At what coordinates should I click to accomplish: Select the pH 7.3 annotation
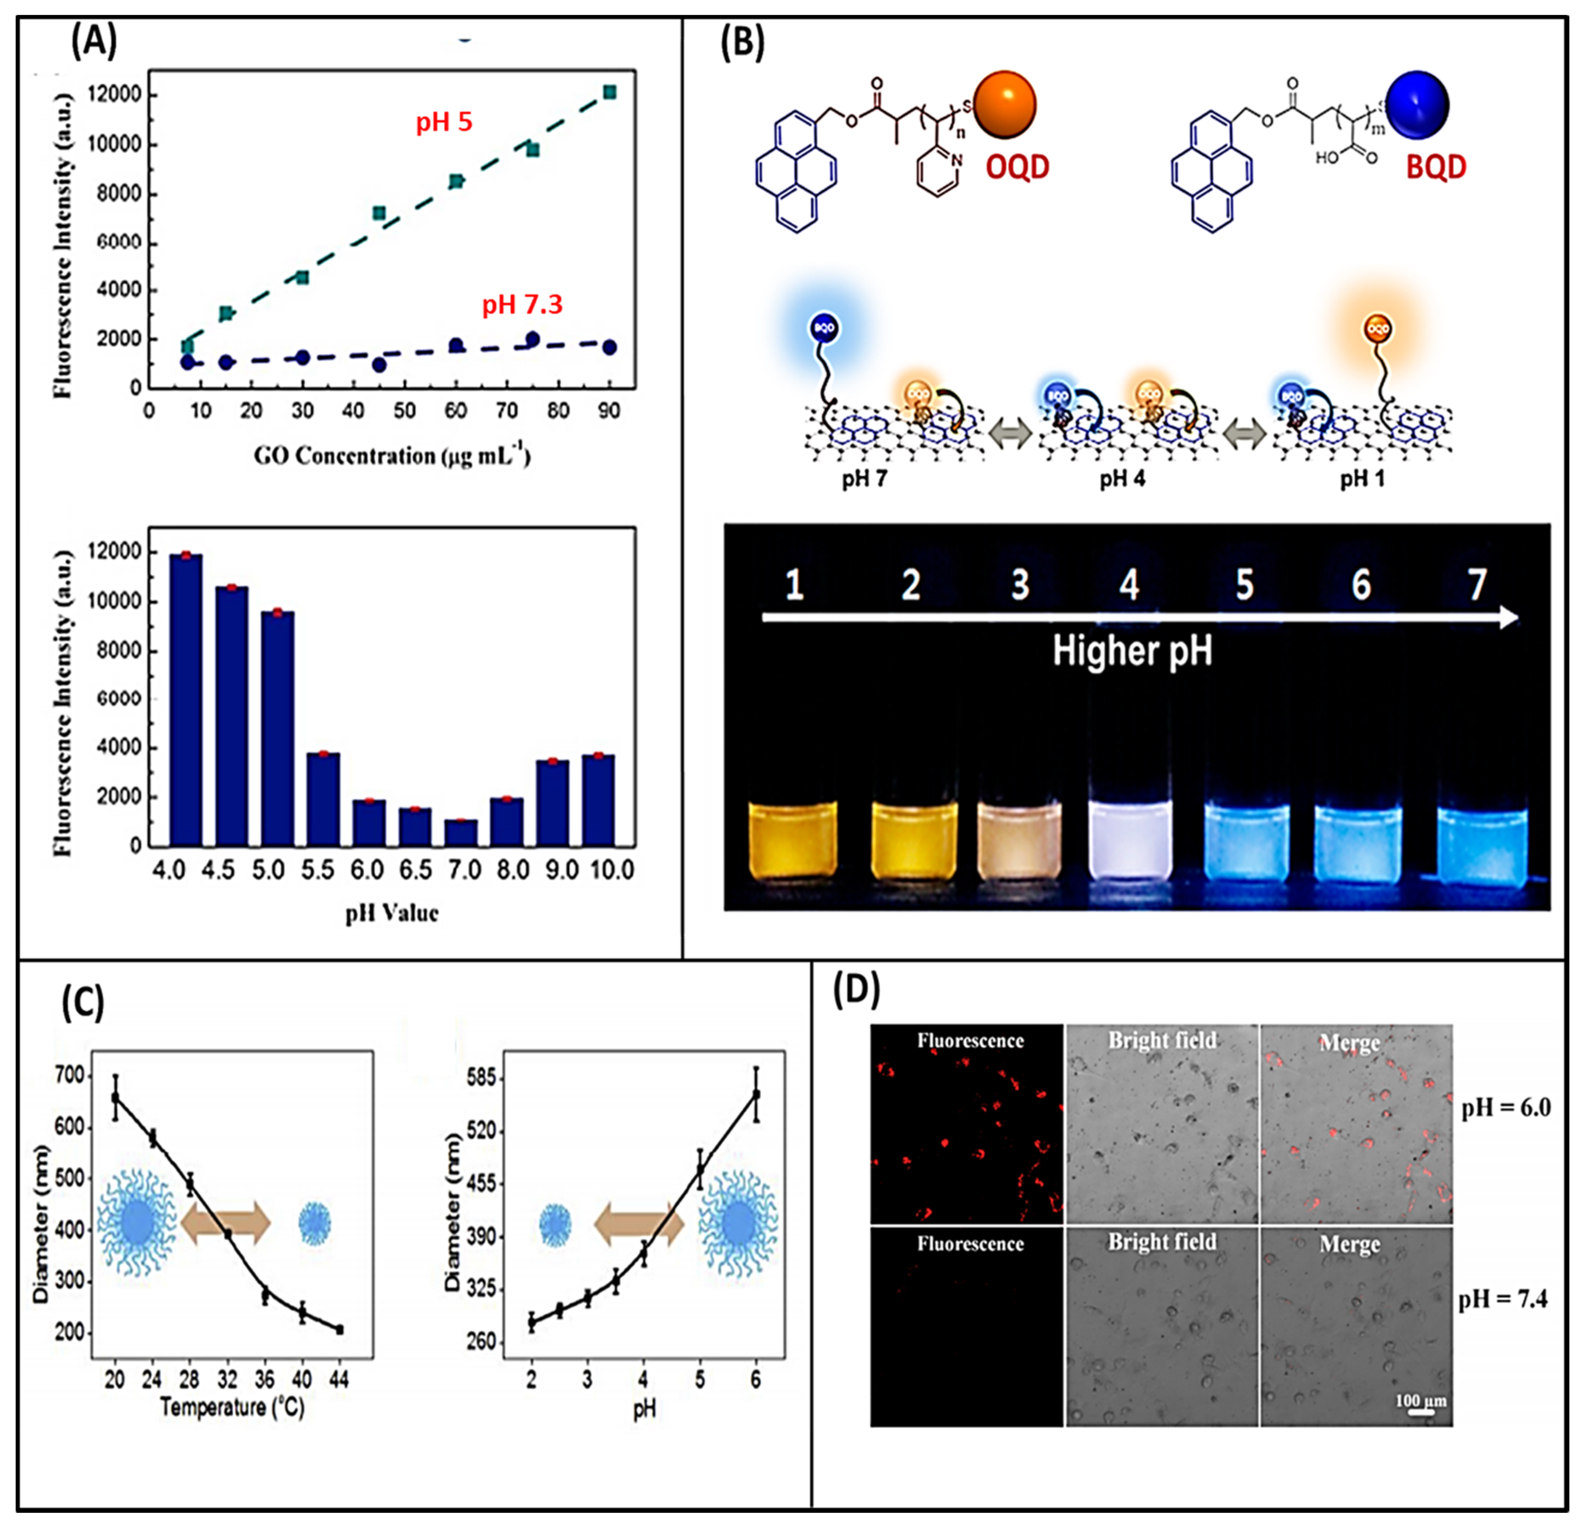(x=522, y=305)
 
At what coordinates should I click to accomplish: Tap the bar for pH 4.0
(x=186, y=699)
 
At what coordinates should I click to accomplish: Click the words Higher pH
(x=1131, y=651)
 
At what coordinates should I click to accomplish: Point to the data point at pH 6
(x=755, y=1094)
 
